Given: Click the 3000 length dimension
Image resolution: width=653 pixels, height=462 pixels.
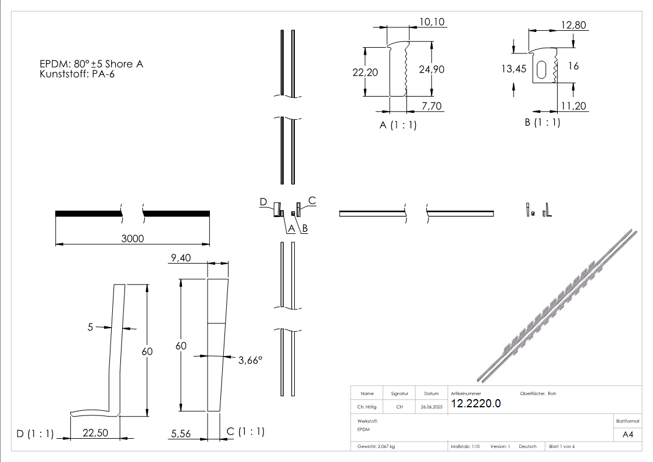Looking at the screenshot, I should tap(133, 239).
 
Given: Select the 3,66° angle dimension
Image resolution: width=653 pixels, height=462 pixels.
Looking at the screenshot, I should tap(250, 361).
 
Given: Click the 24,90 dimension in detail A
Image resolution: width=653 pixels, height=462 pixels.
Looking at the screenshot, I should tap(431, 69).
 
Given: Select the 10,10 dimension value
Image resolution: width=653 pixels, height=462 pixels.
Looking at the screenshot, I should tap(431, 22).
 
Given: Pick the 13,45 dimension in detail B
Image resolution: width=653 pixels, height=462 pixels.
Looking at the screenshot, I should tap(513, 69).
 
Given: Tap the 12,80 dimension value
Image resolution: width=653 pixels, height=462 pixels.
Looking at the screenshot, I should tap(574, 25).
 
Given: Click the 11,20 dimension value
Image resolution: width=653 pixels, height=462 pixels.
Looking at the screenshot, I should tap(573, 105).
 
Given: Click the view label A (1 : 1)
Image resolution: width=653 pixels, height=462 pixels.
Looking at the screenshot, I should tap(398, 125).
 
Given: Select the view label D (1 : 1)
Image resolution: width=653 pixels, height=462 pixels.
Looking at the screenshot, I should tap(35, 433).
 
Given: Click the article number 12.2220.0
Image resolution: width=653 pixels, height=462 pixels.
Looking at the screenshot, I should tap(476, 403).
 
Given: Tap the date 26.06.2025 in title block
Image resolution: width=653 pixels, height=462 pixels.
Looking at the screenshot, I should tap(431, 407).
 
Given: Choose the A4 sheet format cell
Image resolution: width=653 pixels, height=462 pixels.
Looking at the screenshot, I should tap(628, 434).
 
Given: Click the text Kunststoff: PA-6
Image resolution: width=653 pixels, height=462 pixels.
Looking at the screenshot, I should tap(77, 74).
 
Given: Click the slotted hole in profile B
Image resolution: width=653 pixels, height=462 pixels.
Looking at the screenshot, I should tap(542, 69).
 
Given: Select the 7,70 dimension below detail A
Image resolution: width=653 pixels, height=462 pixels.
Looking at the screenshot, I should tap(431, 105).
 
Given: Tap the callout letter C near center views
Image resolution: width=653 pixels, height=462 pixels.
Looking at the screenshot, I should tap(312, 201).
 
